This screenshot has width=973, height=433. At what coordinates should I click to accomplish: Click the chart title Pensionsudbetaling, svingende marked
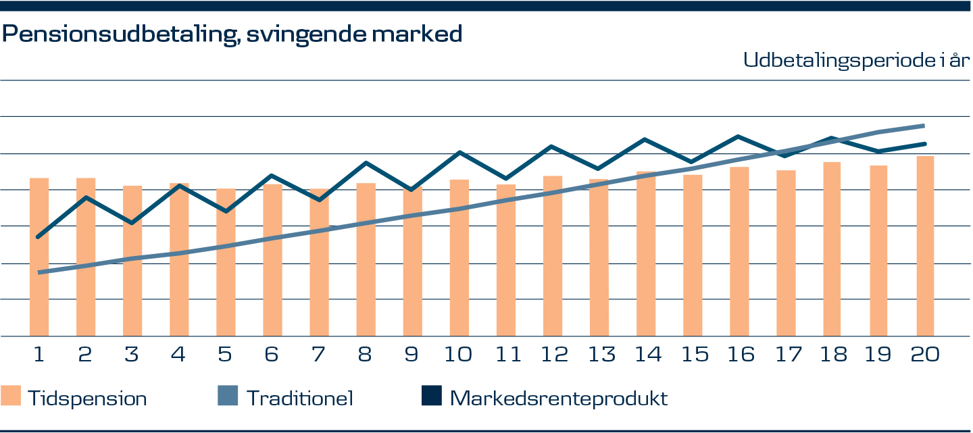232,34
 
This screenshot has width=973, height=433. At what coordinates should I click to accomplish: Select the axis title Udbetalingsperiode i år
857,61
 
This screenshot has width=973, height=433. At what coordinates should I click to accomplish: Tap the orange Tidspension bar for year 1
39,257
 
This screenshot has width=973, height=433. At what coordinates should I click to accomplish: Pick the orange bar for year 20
925,246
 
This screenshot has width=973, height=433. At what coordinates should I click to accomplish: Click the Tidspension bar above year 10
459,257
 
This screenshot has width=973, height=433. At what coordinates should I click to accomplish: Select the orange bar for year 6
272,260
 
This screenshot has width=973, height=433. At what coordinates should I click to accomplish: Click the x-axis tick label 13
599,355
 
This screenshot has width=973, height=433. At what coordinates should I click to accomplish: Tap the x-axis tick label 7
319,355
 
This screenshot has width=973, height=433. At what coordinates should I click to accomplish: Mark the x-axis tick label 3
132,355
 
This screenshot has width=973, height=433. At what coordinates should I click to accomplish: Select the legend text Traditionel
299,398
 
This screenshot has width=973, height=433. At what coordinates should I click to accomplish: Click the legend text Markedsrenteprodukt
558,398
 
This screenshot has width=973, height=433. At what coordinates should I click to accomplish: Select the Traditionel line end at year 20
924,126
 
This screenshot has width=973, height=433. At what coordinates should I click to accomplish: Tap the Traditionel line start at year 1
39,272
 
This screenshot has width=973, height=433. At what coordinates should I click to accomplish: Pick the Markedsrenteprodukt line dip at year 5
226,211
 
